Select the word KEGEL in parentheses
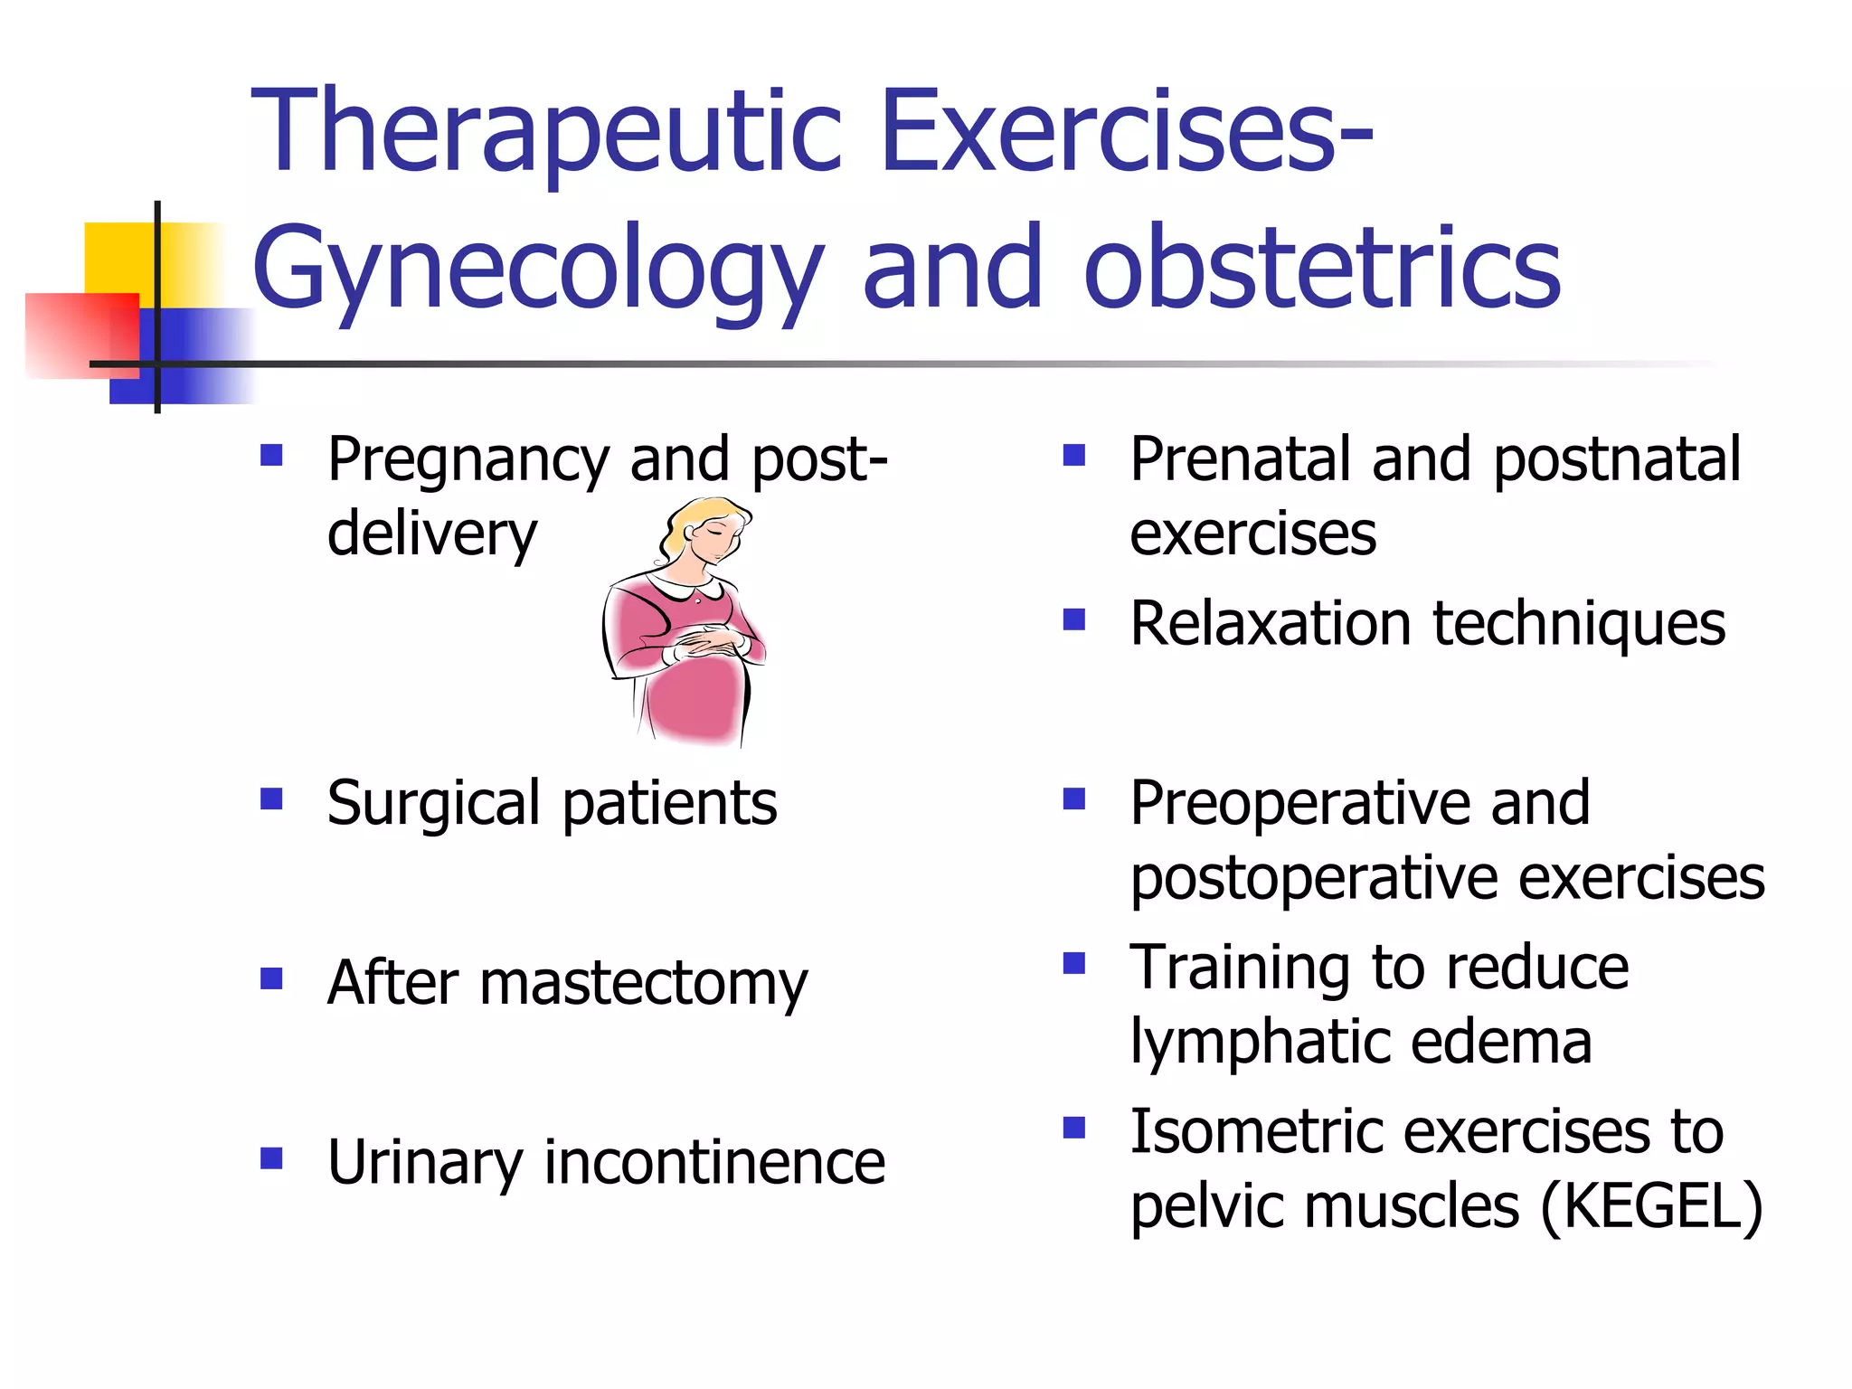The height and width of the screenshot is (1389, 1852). [x=1649, y=1206]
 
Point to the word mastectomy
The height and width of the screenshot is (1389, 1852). [x=643, y=983]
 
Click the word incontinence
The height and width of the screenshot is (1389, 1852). [x=714, y=1162]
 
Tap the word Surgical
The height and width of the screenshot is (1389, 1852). [x=433, y=804]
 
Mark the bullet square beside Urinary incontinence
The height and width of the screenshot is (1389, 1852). [x=271, y=1158]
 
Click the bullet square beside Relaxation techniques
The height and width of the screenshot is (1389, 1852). [x=1073, y=619]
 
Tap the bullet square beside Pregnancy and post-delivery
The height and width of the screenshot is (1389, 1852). [x=271, y=454]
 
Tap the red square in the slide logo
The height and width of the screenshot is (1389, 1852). [x=68, y=335]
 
